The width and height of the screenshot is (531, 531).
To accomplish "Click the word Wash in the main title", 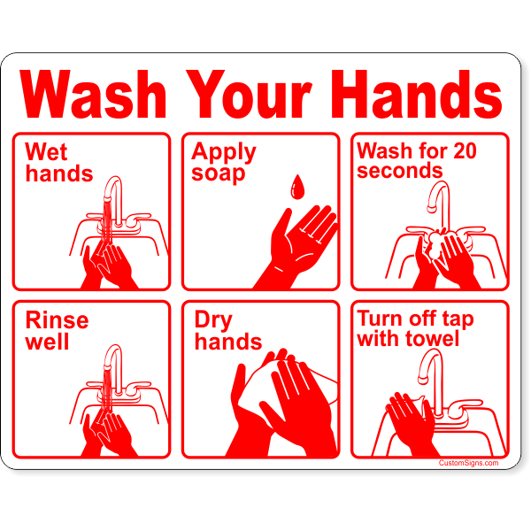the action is [93, 94].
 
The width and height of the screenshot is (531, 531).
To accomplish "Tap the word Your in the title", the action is [249, 94].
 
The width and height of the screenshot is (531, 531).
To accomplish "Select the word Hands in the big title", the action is [416, 94].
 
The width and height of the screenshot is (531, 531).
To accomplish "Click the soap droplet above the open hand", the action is [297, 187].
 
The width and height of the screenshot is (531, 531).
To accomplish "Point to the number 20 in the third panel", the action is [465, 150].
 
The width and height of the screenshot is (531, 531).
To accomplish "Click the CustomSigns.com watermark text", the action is [468, 463].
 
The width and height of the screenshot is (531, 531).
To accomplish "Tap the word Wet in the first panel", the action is [46, 151].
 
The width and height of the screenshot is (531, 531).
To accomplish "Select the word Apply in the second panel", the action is [224, 152].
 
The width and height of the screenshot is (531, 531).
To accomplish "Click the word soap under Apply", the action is [218, 173].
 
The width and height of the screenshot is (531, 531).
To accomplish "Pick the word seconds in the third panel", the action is [400, 170].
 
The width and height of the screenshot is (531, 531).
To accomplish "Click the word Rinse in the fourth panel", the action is [57, 320].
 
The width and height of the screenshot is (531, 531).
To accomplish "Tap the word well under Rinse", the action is [47, 341].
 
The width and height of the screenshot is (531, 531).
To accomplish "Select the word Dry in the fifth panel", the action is [213, 320].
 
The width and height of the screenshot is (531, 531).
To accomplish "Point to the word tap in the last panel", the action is [458, 319].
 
